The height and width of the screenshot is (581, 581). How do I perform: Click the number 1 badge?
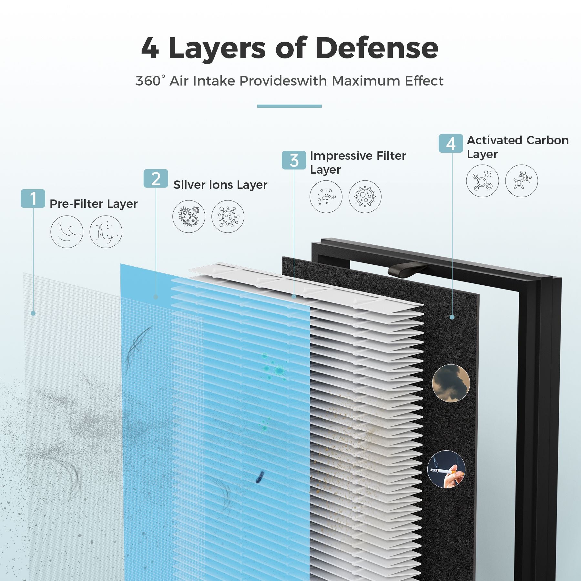tap(33, 199)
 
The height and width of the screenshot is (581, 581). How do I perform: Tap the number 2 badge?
tap(156, 178)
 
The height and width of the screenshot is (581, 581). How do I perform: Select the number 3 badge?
tap(294, 160)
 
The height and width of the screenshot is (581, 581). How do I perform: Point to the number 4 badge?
tap(451, 143)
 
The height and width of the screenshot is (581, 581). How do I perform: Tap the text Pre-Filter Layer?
tap(94, 204)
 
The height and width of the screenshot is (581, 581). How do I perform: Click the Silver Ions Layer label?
tap(220, 185)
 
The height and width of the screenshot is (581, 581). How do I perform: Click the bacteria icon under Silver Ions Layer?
tap(189, 216)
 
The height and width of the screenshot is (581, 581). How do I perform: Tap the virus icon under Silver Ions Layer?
tap(228, 216)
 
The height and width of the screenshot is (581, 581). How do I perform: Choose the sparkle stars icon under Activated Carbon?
tap(522, 181)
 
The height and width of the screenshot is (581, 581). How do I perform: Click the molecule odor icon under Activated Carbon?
tap(483, 181)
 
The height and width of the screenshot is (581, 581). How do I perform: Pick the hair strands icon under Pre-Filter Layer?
tap(67, 232)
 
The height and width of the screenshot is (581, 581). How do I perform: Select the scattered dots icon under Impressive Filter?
tap(326, 197)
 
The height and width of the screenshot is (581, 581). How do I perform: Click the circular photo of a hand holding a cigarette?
tap(446, 469)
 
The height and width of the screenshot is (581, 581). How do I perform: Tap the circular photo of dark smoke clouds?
tap(451, 383)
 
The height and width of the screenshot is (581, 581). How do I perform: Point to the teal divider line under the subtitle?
tap(290, 106)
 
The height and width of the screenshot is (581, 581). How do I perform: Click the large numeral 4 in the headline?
tap(150, 48)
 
